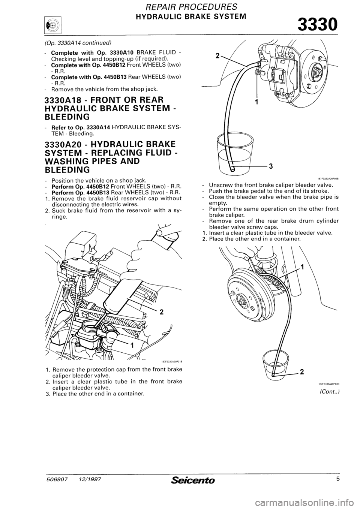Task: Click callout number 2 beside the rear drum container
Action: tap(302, 371)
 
